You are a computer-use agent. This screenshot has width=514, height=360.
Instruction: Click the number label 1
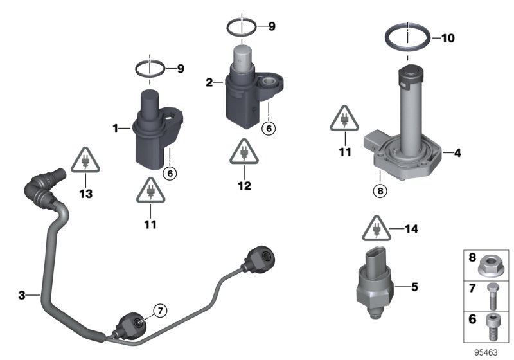point(117,129)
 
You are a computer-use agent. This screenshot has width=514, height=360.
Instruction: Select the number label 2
point(209,82)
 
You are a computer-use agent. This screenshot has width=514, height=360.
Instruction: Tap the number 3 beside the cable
point(22,295)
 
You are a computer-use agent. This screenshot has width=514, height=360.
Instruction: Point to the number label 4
point(457,154)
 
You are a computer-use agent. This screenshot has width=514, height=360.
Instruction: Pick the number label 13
point(84,192)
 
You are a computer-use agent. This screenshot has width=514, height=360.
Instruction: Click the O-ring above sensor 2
point(242,28)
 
